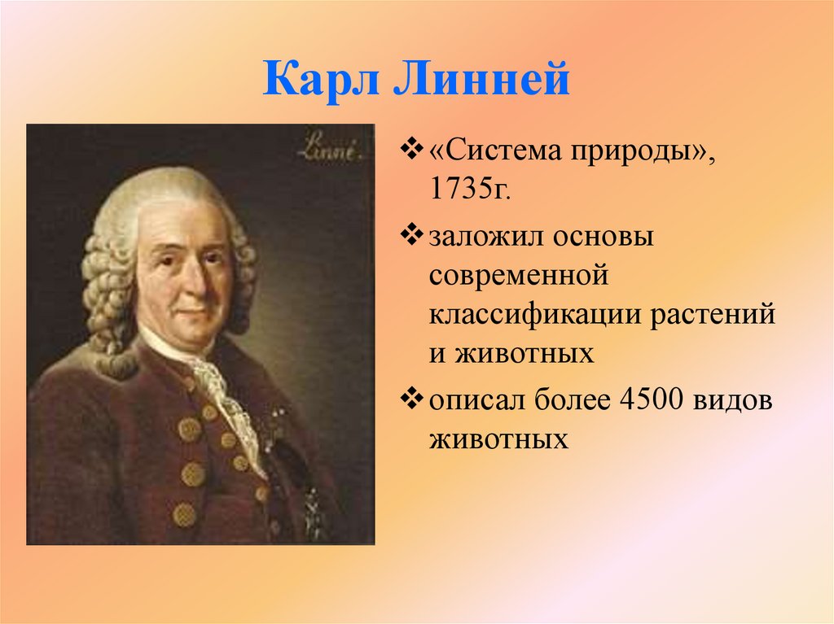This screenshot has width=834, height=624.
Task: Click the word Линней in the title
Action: [481, 82]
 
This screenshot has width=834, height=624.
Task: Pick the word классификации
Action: [533, 315]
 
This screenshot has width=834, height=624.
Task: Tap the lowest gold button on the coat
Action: [184, 513]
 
